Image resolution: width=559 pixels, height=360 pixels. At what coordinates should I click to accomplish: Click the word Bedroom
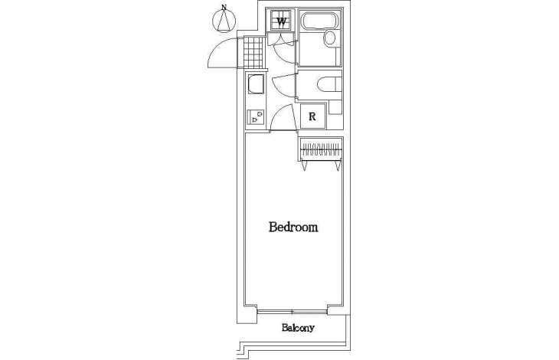pyautogui.click(x=293, y=227)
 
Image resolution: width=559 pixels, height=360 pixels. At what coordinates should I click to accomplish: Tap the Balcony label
pyautogui.click(x=298, y=328)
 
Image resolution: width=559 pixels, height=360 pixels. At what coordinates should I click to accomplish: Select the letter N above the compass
pyautogui.click(x=224, y=7)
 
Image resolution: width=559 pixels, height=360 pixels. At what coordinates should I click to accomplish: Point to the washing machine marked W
pyautogui.click(x=281, y=21)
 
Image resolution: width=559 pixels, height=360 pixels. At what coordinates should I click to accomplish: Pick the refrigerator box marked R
pyautogui.click(x=312, y=116)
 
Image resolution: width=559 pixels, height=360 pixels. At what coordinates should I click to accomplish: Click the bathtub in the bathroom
pyautogui.click(x=320, y=20)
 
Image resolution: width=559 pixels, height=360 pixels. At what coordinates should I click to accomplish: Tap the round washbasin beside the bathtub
pyautogui.click(x=330, y=38)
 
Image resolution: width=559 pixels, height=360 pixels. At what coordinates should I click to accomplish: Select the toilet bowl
pyautogui.click(x=326, y=84)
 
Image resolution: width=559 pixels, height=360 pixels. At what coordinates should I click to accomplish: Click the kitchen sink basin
pyautogui.click(x=256, y=84)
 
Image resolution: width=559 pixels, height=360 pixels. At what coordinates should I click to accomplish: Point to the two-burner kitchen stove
pyautogui.click(x=256, y=117)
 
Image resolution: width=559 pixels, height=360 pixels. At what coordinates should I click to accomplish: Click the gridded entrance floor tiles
pyautogui.click(x=252, y=52)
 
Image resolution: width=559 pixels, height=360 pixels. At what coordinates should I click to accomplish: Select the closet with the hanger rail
pyautogui.click(x=321, y=148)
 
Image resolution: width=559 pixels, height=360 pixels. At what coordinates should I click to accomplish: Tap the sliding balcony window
pyautogui.click(x=293, y=312)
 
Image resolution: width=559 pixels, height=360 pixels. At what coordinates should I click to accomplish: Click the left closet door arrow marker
pyautogui.click(x=304, y=165)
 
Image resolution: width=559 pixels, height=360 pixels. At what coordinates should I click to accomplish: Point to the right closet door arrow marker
pyautogui.click(x=337, y=165)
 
